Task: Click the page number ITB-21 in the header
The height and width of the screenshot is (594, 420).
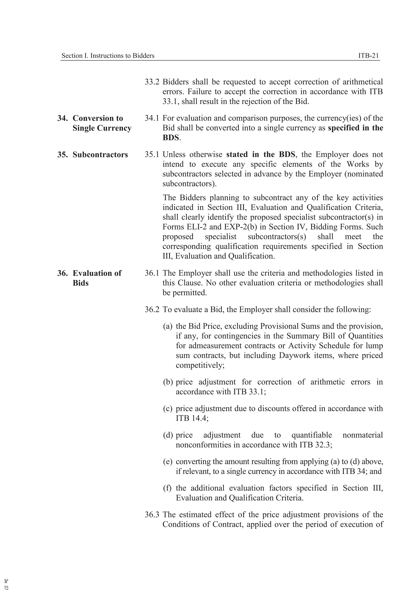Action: point(369,56)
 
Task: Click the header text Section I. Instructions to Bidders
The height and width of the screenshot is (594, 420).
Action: point(108,56)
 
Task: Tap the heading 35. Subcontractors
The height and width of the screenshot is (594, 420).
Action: point(92,155)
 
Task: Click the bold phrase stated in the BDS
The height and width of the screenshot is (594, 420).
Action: point(260,155)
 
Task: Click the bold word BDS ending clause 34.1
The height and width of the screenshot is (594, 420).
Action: point(171,138)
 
